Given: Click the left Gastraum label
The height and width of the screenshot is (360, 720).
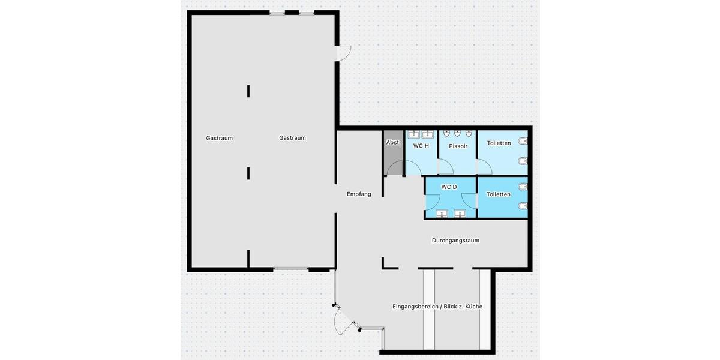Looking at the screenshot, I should [x=219, y=138].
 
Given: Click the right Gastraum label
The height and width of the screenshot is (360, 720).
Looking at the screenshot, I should [x=292, y=138].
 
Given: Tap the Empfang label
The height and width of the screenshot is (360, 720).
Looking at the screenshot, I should [x=359, y=194].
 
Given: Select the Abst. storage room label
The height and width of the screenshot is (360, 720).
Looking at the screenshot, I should [x=393, y=143].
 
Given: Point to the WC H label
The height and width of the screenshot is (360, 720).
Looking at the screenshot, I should [x=421, y=146].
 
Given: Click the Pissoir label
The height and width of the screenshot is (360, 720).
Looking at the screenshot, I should [x=458, y=146].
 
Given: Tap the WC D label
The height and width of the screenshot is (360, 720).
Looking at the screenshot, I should [x=449, y=187].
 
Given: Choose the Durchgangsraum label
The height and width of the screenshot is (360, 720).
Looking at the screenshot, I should [x=455, y=241].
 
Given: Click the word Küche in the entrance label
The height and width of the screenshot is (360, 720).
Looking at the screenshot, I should [x=473, y=307].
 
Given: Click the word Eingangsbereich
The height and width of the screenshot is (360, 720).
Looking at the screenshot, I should [x=415, y=307].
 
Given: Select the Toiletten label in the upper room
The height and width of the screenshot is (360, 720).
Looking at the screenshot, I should [x=499, y=143].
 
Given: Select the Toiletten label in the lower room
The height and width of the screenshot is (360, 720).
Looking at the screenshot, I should [x=499, y=194].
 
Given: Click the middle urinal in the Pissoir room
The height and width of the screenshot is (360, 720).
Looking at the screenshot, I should [x=458, y=133].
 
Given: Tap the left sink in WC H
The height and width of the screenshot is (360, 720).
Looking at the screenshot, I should [x=414, y=134].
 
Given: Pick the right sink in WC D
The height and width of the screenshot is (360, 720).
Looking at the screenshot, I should [x=460, y=213].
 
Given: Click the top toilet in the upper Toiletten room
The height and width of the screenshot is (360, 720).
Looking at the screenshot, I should [x=523, y=142].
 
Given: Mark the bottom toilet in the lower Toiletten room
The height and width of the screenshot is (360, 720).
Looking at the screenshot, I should [x=523, y=206].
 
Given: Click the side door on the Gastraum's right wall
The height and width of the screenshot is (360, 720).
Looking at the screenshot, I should [x=344, y=53].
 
